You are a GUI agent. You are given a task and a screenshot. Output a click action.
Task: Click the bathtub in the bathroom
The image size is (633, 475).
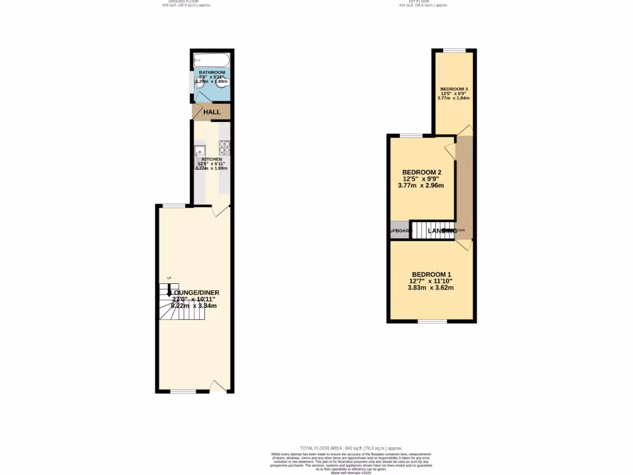[211, 61]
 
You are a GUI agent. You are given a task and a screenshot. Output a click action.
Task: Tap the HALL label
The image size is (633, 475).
[212, 112]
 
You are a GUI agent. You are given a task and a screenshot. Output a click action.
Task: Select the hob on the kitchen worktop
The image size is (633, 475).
[224, 148]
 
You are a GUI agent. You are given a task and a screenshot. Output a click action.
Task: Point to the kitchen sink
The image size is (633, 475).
[200, 150]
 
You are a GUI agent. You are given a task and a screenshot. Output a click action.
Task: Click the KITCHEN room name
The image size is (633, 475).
[212, 159]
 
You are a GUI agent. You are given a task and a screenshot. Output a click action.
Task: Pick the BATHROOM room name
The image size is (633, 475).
[212, 72]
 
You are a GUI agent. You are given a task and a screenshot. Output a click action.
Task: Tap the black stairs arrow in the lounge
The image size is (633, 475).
[169, 291]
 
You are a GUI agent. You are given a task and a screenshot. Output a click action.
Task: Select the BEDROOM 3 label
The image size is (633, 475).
[454, 89]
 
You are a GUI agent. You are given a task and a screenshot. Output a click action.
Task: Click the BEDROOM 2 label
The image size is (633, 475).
[422, 172]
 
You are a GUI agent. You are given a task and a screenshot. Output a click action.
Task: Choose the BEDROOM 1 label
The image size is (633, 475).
[432, 275]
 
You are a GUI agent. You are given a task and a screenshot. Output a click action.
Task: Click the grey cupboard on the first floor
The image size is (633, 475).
[399, 230]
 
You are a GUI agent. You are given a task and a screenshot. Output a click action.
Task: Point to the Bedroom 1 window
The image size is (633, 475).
[432, 321]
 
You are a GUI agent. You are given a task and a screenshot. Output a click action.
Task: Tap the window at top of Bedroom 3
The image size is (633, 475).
[454, 50]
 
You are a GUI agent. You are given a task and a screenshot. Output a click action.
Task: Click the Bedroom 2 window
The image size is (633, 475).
[411, 135]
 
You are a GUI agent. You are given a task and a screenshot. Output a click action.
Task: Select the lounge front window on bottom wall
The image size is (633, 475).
[183, 392]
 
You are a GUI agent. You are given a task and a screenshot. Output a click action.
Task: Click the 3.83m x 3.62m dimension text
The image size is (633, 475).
[431, 288]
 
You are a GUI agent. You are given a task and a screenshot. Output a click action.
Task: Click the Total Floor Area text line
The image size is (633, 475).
[350, 448]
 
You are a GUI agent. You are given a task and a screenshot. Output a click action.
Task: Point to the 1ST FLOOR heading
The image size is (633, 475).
[423, 2]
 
